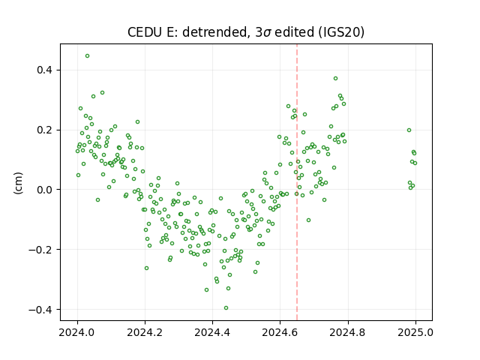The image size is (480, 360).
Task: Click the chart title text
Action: [x=246, y=32]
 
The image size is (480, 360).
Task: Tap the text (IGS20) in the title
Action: [x=341, y=32]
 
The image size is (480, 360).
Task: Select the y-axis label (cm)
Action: [x=18, y=183]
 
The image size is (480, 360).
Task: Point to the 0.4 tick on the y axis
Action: [x=45, y=70]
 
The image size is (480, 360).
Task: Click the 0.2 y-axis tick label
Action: [x=45, y=130]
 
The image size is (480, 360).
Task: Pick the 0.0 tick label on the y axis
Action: [x=45, y=190]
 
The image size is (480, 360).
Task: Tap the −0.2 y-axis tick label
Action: [x=41, y=250]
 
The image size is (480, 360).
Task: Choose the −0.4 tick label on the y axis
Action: [x=41, y=310]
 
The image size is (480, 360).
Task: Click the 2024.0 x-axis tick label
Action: [x=77, y=332]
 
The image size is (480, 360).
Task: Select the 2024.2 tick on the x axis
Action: [x=145, y=332]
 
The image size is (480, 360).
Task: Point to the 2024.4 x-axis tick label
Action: [x=212, y=332]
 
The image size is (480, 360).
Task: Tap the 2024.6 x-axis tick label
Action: [x=280, y=332]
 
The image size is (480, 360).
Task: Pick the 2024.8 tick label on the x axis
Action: [x=348, y=332]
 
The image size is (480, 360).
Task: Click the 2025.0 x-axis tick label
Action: [x=415, y=332]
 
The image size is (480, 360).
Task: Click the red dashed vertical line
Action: [x=297, y=182]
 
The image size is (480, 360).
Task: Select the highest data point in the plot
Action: [x=87, y=56]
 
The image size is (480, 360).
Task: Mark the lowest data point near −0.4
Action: [x=226, y=308]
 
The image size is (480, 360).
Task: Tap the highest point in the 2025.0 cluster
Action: [x=409, y=130]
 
